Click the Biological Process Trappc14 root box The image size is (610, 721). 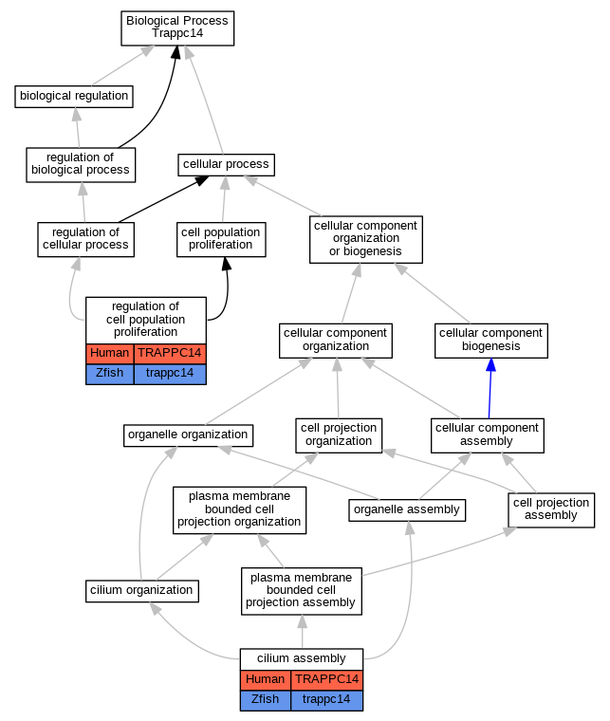click(x=177, y=28)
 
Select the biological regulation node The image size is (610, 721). click(x=74, y=97)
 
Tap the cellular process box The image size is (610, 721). click(x=226, y=165)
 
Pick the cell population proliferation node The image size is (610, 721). click(x=221, y=240)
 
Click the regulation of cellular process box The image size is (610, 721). click(x=86, y=240)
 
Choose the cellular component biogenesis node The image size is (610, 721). click(x=491, y=341)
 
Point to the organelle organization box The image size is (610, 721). click(x=188, y=435)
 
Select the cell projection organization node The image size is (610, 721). click(x=339, y=435)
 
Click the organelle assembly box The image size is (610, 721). click(x=407, y=510)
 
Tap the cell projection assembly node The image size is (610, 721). click(x=551, y=510)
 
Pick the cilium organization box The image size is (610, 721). click(x=142, y=591)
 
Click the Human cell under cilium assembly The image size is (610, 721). click(x=266, y=680)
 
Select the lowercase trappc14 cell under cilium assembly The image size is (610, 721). click(x=327, y=700)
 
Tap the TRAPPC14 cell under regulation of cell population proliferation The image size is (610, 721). click(x=170, y=354)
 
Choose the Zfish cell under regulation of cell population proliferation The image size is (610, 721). click(x=110, y=374)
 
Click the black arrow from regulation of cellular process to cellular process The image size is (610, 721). click(x=163, y=199)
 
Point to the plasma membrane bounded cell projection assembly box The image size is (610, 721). click(x=302, y=591)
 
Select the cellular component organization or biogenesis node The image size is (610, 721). click(x=366, y=240)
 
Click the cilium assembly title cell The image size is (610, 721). click(x=302, y=659)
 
